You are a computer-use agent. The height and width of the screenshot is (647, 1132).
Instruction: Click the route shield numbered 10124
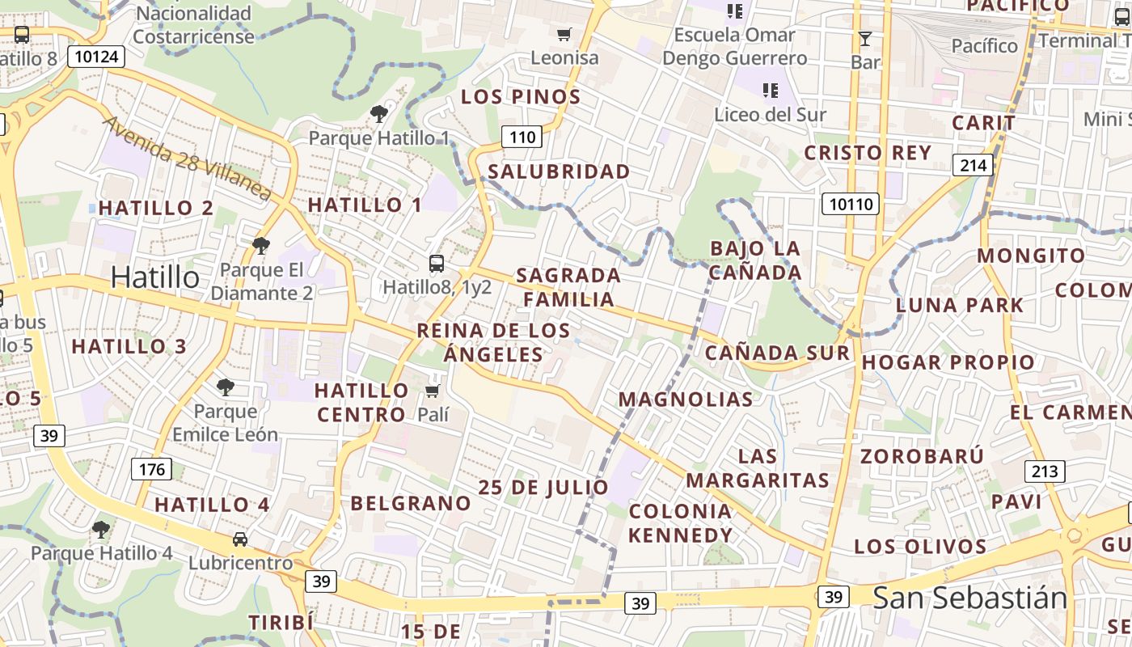point(95,57)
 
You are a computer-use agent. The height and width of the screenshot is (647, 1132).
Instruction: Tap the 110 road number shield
point(522,137)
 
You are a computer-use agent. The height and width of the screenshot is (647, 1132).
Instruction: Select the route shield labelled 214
point(973,165)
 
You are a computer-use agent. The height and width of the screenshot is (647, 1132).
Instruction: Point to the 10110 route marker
point(850,204)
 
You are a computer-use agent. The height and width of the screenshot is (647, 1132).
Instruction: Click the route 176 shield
point(151,469)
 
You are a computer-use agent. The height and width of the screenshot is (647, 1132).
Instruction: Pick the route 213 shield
point(1045,471)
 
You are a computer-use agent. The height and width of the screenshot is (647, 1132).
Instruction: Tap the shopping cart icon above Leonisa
point(564,34)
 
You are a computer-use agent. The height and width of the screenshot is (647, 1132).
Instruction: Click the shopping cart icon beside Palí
point(433,391)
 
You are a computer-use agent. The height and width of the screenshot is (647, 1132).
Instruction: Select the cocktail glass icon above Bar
point(865,38)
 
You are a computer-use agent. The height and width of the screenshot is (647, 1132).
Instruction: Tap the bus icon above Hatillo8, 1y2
point(437,263)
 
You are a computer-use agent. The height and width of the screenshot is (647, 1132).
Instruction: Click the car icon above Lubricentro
point(239,539)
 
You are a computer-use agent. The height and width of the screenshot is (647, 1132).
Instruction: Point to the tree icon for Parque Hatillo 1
point(378,114)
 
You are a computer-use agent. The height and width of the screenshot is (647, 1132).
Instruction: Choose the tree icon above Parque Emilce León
point(226,387)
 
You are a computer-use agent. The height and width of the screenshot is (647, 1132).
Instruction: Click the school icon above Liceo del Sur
point(770,90)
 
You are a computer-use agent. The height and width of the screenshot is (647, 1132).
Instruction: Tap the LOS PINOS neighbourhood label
point(521,97)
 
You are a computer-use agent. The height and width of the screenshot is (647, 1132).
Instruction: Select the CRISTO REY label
point(867,153)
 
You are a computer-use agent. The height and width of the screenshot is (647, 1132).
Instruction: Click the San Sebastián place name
point(969,598)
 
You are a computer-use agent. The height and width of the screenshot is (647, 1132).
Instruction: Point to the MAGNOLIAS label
point(686,399)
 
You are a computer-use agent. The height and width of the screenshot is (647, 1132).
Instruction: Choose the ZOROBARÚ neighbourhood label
point(922,456)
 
